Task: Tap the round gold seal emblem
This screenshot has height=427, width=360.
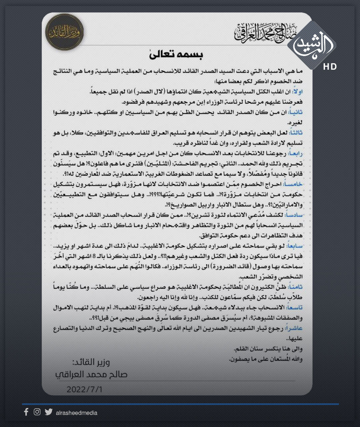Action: pos(64,32)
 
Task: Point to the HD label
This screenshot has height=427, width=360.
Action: pos(330,67)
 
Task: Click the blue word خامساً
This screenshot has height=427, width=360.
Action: pos(293,184)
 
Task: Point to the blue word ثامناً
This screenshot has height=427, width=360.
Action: pos(295,287)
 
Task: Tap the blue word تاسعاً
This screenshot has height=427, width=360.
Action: pos(295,308)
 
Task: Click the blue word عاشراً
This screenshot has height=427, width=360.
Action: pos(294,328)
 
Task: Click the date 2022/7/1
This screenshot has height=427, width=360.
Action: pos(85,389)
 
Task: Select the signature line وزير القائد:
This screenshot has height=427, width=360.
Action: pos(91,362)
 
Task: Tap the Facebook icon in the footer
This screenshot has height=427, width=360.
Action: pos(26,412)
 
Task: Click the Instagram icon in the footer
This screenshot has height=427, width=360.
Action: pos(37,412)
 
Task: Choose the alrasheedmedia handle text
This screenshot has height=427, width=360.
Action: pos(77,413)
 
